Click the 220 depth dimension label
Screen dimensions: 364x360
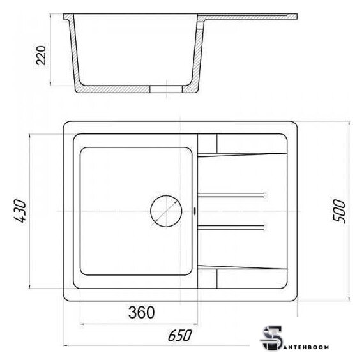tap(42, 56)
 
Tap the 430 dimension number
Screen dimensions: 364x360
tap(20, 211)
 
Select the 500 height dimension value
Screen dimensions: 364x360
tap(339, 211)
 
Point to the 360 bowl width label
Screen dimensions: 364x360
tap(141, 312)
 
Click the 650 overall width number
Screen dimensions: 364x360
tap(180, 335)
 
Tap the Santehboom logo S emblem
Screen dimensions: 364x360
tap(271, 338)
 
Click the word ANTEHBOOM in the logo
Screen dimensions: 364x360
tap(306, 347)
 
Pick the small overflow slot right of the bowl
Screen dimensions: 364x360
tap(195, 211)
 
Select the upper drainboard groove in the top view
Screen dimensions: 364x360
tap(231, 195)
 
